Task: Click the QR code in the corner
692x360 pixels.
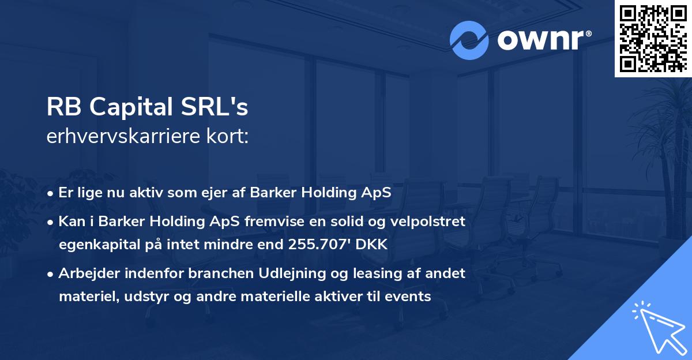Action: pyautogui.click(x=653, y=39)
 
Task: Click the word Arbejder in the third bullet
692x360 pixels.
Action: pyautogui.click(x=85, y=273)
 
